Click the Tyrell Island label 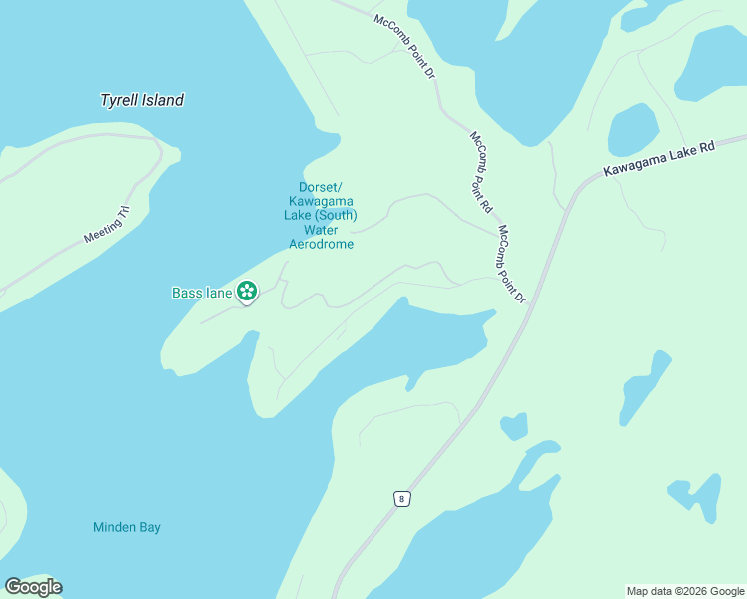click(142, 100)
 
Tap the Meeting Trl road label click(107, 224)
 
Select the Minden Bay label click(127, 527)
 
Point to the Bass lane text click(202, 293)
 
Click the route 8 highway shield click(401, 499)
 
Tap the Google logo click(33, 587)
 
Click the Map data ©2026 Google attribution click(685, 591)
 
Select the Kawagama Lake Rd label click(660, 159)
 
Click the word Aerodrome click(321, 244)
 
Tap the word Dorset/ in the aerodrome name click(321, 187)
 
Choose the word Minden click(112, 527)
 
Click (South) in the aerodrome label click(337, 215)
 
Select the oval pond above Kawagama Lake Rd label click(633, 129)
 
